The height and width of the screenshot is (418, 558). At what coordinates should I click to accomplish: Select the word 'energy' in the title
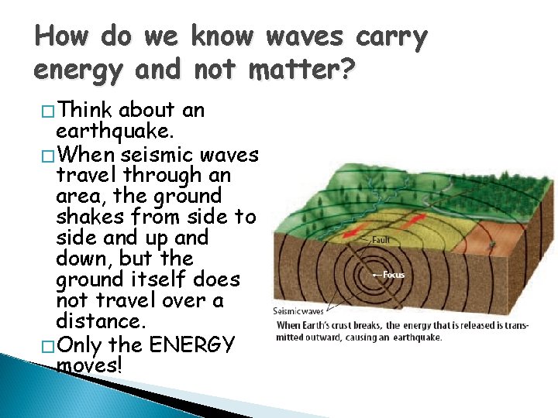tap(77, 71)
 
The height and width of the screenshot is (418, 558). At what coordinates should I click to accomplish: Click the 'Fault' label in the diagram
tap(381, 240)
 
